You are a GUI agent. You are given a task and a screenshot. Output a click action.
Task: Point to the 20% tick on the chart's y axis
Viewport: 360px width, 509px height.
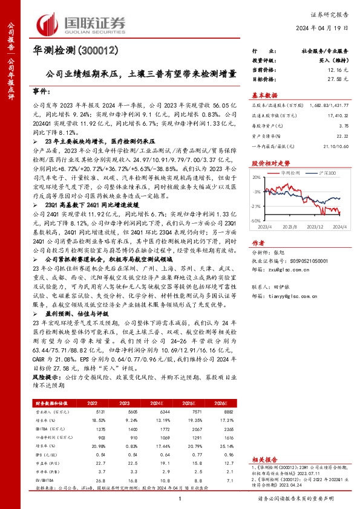point(257,177)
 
